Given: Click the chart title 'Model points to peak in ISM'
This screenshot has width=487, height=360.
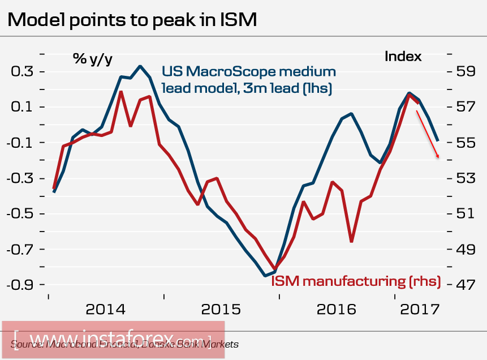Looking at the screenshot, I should click(132, 20).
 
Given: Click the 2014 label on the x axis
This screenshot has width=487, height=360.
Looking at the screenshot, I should click(106, 310).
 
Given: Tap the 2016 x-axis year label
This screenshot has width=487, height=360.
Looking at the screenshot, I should click(337, 310).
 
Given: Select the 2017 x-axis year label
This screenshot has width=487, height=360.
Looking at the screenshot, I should click(420, 310).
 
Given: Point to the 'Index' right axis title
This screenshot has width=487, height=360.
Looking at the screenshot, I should click(403, 57).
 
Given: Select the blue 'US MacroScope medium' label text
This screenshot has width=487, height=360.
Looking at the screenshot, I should click(249, 72).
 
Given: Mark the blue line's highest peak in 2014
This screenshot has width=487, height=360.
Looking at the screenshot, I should click(140, 66).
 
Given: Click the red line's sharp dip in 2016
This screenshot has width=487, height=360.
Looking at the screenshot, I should click(351, 242).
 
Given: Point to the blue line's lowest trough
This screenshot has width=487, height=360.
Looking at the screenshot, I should click(265, 276).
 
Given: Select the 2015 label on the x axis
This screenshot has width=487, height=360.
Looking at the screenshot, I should click(221, 310).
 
